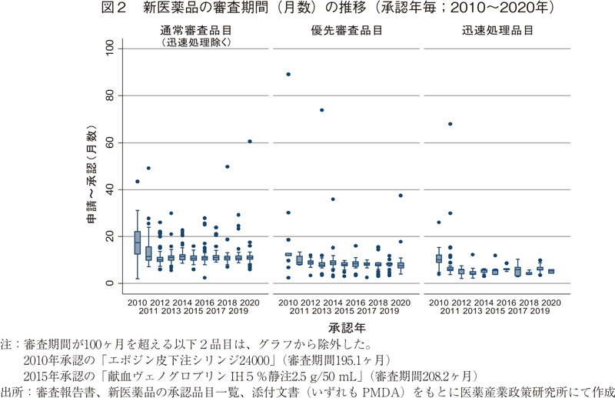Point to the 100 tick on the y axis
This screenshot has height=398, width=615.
(113, 48)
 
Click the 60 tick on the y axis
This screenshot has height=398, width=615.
(115, 142)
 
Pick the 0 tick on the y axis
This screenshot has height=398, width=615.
(118, 283)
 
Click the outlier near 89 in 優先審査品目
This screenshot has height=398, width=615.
(288, 74)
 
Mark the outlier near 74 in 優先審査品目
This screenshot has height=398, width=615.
(321, 109)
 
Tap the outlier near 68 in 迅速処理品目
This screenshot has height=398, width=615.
(450, 124)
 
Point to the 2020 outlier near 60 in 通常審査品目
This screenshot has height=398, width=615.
(250, 141)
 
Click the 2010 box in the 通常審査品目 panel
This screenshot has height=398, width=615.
(138, 242)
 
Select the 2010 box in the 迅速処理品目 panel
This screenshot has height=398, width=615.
(439, 259)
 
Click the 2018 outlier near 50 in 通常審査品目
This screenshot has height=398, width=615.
(228, 166)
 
